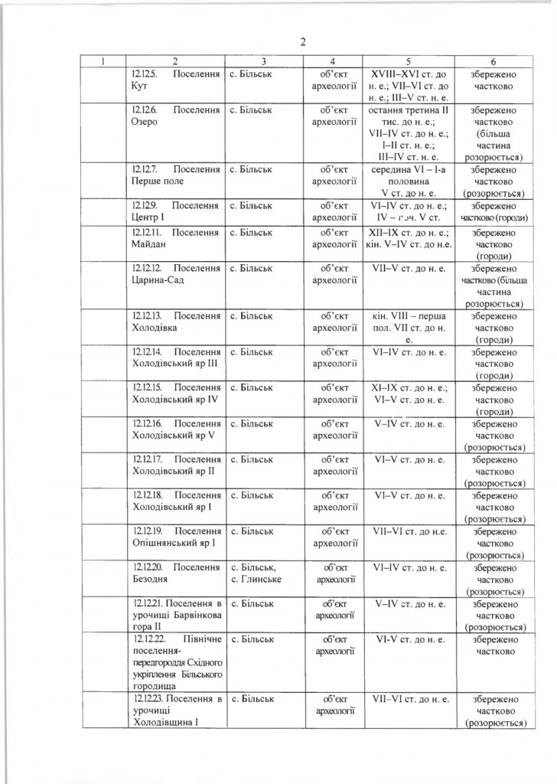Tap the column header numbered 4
(x=332, y=60)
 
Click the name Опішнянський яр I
(x=174, y=542)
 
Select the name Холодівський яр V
(x=173, y=435)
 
